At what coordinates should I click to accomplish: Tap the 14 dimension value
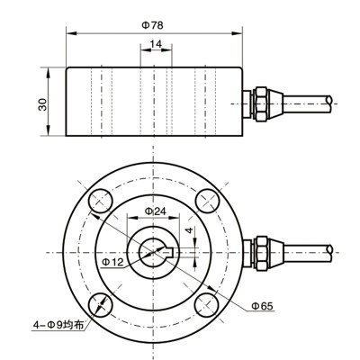click(155, 44)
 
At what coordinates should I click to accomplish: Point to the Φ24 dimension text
click(155, 211)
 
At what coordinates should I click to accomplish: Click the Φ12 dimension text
click(112, 261)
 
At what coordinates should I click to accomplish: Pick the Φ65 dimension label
click(262, 306)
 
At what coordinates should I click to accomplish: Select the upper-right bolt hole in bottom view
click(210, 200)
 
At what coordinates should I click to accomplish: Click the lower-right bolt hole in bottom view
click(210, 303)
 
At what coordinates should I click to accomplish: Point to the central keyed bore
click(154, 252)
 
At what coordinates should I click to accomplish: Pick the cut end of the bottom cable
click(331, 251)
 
